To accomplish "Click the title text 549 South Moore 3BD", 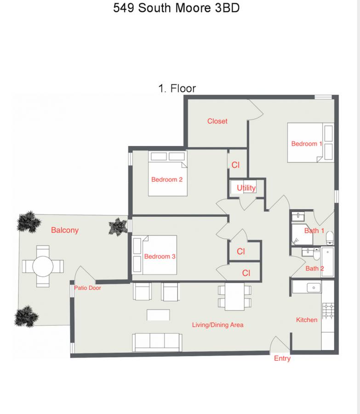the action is point(176,8).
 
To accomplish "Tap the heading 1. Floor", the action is point(177,88).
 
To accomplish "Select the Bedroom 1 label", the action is point(306,144).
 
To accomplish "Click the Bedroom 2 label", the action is point(167,179).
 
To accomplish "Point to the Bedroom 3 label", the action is point(160,256).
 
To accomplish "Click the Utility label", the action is point(246,188).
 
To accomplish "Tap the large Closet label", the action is point(217,121).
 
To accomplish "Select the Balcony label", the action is point(65,230).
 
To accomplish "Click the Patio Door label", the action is point(87,288).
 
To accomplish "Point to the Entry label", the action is point(282,358).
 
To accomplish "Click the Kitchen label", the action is point(307,320).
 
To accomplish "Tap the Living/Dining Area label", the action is point(218,325).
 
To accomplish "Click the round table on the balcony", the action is point(43,266).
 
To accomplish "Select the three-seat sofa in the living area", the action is point(157,342).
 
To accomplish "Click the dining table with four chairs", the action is point(234,297).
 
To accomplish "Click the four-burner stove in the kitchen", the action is point(328,311).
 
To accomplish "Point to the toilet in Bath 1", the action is point(330,238).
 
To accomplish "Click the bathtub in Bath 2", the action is point(328,262).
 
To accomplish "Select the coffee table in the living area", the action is point(158,315).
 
